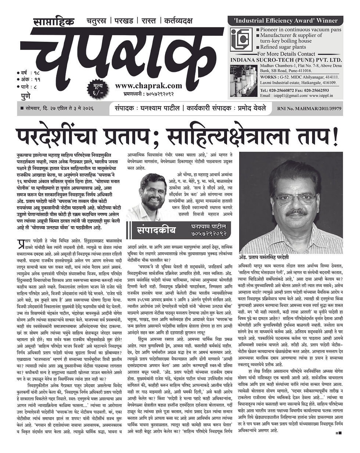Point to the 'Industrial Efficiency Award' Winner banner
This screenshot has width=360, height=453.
[285, 21]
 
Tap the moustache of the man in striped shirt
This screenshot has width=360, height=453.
[297, 212]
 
